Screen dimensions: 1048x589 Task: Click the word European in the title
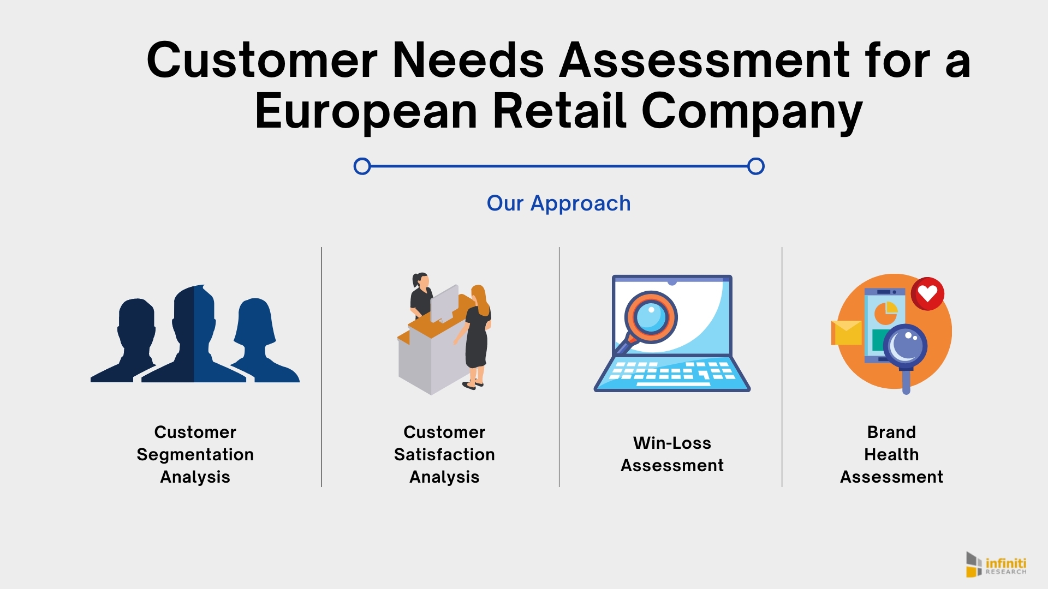366,112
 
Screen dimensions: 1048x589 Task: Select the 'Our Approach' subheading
558,204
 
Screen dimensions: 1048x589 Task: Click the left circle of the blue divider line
362,166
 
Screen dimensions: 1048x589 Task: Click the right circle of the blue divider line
756,166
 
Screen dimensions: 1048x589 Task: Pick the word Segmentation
195,455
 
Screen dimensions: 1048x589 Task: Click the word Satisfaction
444,455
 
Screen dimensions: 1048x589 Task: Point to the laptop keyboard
672,373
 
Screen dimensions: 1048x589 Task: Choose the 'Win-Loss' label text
672,443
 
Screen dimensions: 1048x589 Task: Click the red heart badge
927,294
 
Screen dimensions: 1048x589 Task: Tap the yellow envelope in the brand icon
846,333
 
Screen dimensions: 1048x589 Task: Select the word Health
891,455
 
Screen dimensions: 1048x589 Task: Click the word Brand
891,432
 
